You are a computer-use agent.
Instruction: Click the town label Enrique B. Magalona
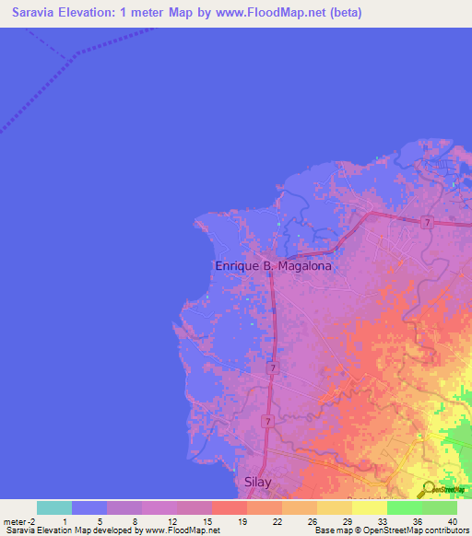point(272,265)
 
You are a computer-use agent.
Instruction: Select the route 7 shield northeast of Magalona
point(427,223)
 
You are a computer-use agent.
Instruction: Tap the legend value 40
point(452,520)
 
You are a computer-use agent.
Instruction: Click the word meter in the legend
point(15,520)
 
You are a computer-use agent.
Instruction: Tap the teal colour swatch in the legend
point(54,507)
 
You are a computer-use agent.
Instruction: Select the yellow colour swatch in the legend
point(370,507)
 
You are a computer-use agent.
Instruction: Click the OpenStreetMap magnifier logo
point(428,490)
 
